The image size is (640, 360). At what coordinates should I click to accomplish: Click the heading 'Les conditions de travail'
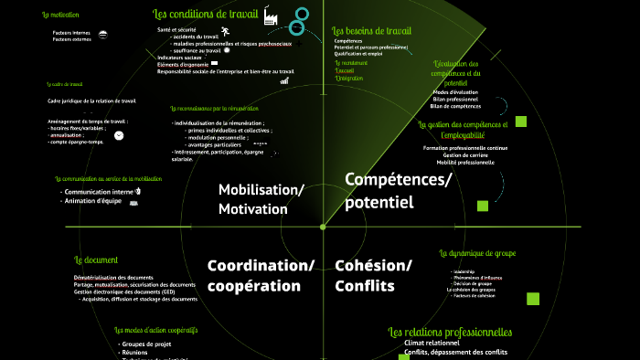click(x=205, y=15)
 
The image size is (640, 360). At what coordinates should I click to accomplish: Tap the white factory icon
click(x=271, y=17)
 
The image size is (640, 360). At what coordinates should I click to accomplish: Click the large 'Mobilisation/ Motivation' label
click(x=261, y=199)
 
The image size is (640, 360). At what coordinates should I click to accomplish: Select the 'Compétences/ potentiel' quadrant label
click(x=398, y=190)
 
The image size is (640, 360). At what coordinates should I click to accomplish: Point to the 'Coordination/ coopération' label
click(x=261, y=275)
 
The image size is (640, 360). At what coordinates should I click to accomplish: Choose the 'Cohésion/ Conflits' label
click(x=373, y=275)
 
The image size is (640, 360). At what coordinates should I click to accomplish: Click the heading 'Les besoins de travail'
click(x=371, y=30)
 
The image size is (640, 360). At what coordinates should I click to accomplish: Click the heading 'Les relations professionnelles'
click(x=450, y=332)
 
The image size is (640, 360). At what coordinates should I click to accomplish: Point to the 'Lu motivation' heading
click(x=60, y=16)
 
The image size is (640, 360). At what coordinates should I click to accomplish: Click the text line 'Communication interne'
click(x=98, y=192)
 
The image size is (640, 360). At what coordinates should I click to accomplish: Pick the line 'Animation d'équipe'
click(x=93, y=201)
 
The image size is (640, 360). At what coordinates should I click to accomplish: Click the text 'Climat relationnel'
click(x=432, y=344)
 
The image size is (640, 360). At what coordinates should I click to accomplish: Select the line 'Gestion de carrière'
click(x=464, y=155)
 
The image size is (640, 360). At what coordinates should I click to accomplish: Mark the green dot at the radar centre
click(x=323, y=226)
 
